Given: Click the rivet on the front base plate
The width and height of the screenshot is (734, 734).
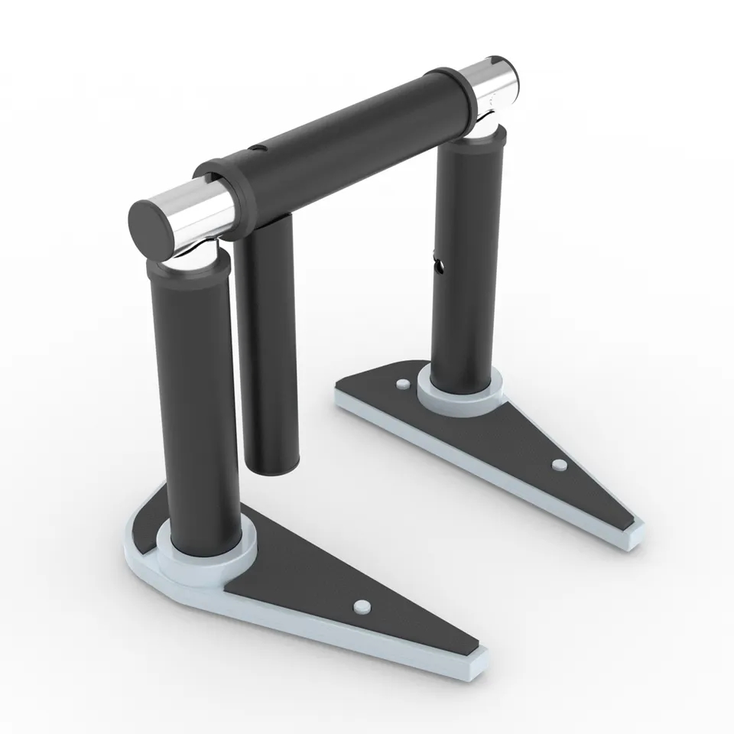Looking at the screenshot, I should pos(361,606).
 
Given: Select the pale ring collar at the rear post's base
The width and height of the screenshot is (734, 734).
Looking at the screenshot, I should pos(460,388).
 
